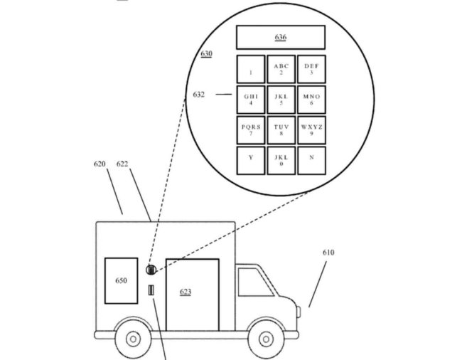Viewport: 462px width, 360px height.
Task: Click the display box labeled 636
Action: tap(280, 38)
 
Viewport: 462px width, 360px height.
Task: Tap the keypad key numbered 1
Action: tap(251, 69)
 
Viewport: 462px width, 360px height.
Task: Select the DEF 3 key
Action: tap(311, 69)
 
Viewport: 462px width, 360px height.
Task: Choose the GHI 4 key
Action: tap(251, 100)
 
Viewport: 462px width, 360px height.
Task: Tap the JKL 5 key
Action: tap(281, 100)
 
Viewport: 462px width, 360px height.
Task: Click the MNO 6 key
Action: tap(311, 100)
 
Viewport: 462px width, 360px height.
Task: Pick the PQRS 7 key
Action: tap(251, 130)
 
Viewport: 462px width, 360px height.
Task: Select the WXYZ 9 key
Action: tap(311, 130)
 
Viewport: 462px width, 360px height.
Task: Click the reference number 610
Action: tap(328, 253)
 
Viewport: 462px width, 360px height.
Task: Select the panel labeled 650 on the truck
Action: tap(121, 280)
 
